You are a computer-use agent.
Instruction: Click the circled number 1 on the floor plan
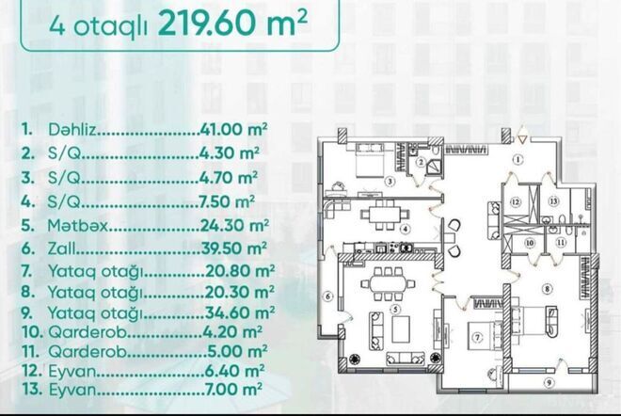point(517,159)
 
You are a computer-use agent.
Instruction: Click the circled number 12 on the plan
point(517,201)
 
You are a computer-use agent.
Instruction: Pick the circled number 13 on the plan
point(554,201)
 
